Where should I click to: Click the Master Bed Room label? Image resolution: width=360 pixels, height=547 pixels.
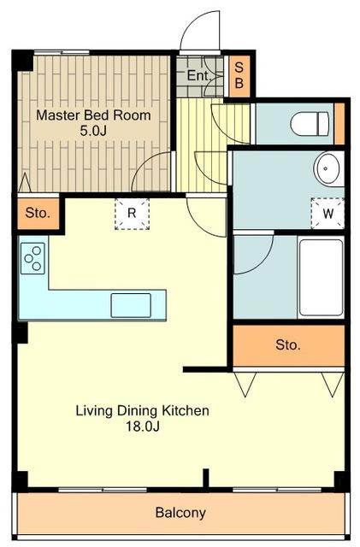click(93, 115)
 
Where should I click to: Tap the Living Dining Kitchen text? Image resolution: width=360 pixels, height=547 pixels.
click(143, 410)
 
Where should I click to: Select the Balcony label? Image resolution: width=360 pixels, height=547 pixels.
click(180, 513)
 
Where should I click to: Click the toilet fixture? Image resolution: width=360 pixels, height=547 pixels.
click(310, 124)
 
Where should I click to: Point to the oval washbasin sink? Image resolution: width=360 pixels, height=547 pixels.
click(327, 169)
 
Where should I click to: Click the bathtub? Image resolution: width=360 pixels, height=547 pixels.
click(322, 277)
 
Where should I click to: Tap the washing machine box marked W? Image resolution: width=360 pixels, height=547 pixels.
click(328, 213)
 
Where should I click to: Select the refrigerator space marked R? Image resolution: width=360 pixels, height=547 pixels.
click(132, 214)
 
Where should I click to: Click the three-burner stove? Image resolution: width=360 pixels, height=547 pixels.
click(32, 258)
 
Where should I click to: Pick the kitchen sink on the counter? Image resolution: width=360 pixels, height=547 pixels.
click(131, 305)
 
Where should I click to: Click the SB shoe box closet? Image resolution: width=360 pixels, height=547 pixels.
click(239, 76)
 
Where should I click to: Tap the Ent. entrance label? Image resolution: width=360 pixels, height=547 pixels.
click(198, 76)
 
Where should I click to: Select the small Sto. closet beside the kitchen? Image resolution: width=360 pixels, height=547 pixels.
click(38, 214)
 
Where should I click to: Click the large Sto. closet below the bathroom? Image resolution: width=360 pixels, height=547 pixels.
click(288, 345)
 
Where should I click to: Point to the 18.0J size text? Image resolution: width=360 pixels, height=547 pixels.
click(143, 426)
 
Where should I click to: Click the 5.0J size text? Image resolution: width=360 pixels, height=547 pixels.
click(93, 131)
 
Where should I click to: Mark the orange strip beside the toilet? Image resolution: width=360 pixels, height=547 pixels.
click(339, 123)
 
